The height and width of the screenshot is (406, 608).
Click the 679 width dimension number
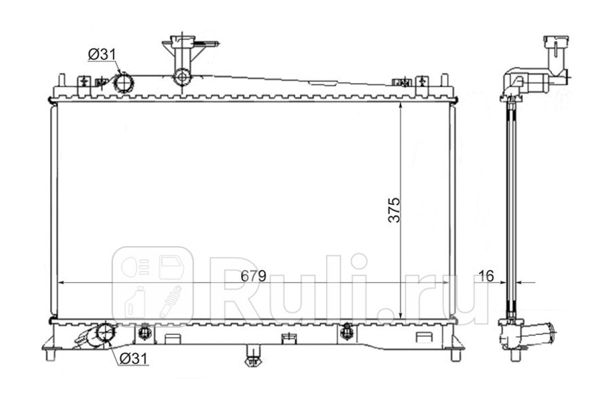tap(253, 276)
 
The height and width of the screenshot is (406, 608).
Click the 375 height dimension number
tap(394, 210)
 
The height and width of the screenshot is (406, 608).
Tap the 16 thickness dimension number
tap(486, 276)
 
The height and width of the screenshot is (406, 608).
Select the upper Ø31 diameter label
tap(102, 55)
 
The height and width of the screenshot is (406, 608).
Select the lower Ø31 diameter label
tap(134, 359)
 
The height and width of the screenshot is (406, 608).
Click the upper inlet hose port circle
tap(124, 82)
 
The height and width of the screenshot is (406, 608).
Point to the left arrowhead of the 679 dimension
tap(62, 283)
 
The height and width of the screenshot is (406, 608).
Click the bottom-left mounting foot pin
tap(51, 355)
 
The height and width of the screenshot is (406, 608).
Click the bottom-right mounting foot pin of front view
tap(455, 355)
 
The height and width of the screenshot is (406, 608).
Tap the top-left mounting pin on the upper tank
tap(62, 80)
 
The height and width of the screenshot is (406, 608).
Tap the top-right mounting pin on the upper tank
tap(444, 80)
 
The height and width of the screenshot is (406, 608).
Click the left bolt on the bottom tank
tap(144, 332)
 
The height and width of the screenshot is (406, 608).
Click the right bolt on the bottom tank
tap(347, 332)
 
